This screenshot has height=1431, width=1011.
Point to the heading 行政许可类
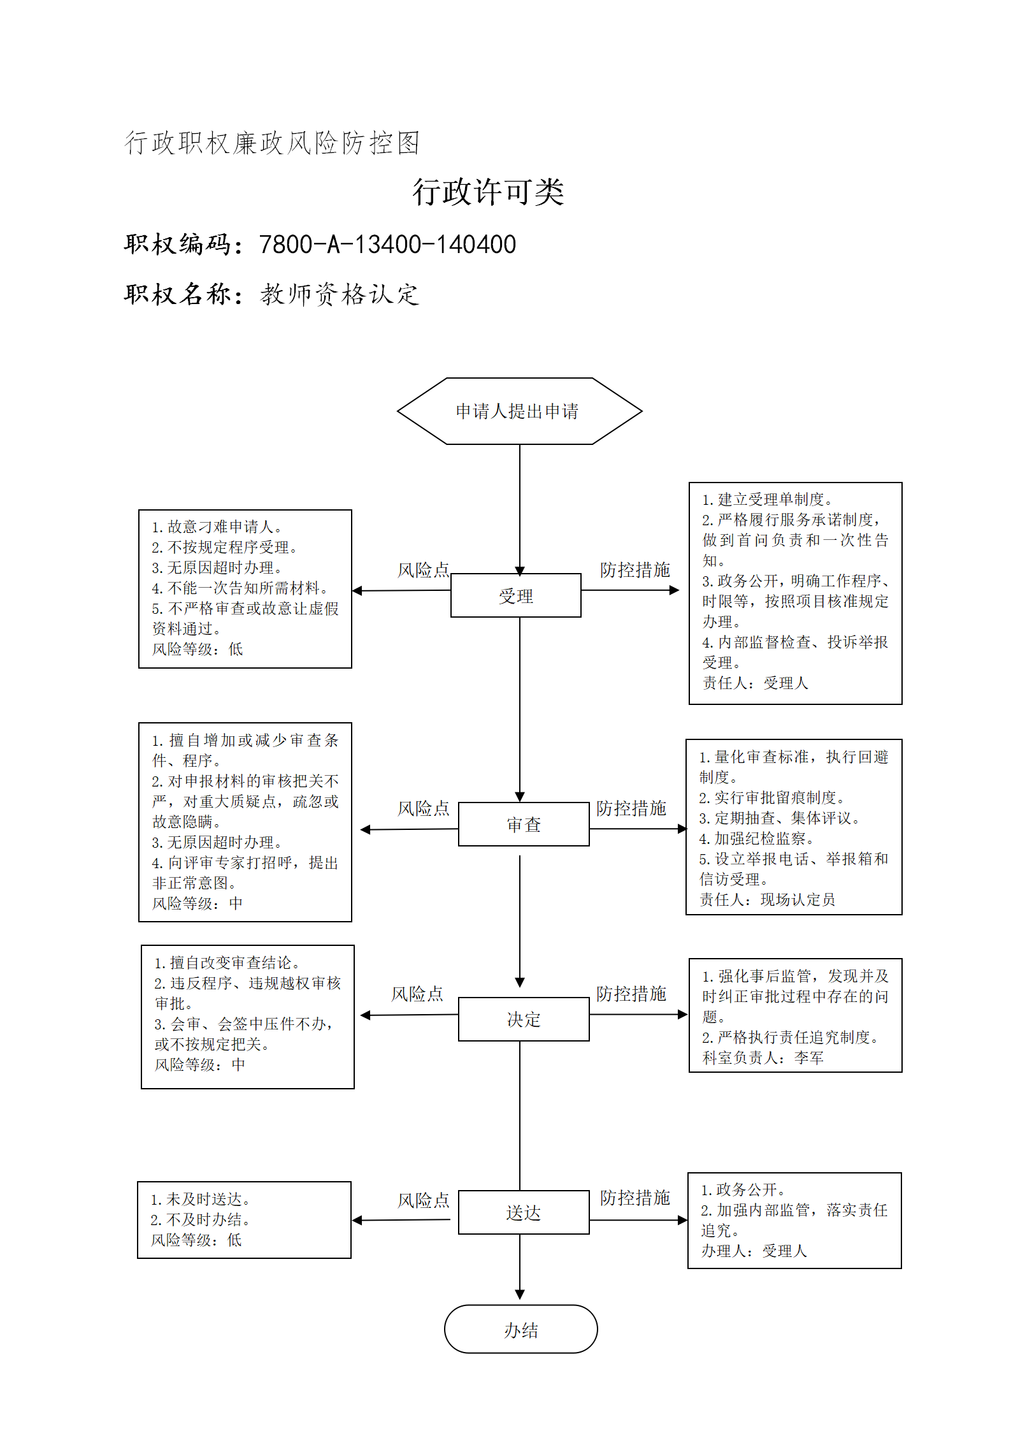[489, 192]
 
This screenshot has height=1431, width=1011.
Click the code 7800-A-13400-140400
[387, 245]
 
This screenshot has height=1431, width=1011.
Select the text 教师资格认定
[340, 294]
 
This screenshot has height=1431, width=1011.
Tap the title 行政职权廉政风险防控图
[272, 143]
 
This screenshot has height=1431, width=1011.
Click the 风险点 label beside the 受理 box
[424, 570]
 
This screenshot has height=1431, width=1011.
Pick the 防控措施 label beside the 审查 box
[631, 808]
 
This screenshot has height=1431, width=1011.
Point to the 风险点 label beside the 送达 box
[424, 1200]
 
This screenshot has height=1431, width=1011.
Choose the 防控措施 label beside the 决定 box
[631, 994]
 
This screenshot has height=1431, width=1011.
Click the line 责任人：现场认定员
[767, 899]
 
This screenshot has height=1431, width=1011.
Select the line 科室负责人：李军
[763, 1057]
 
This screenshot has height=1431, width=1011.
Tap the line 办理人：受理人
[754, 1251]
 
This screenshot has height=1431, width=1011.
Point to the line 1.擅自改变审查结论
[227, 962]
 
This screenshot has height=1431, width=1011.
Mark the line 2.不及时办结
[201, 1219]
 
